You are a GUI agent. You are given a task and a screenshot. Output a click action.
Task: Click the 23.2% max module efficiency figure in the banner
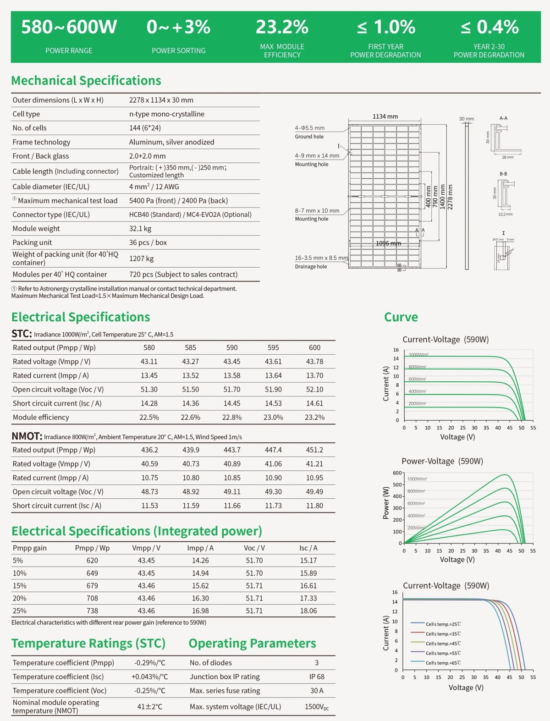[x=282, y=27]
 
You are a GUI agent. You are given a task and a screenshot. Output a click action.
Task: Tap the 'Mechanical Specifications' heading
[x=86, y=81]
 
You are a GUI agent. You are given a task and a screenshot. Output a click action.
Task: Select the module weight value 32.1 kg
[x=140, y=228]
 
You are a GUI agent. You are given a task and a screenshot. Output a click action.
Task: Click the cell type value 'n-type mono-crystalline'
[x=167, y=114]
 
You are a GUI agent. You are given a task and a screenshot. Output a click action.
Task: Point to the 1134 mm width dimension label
[x=385, y=116]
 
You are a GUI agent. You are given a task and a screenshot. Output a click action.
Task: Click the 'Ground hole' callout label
[x=309, y=137]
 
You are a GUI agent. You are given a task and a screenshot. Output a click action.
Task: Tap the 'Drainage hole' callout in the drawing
[x=311, y=266]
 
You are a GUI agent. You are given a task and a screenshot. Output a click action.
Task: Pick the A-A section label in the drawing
[x=503, y=118]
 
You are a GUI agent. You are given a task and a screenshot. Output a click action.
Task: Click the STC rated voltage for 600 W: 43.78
[x=314, y=361]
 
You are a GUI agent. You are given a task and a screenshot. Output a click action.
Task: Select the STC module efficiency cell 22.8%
[x=232, y=417]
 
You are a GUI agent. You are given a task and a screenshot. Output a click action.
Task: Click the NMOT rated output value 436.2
[x=149, y=450]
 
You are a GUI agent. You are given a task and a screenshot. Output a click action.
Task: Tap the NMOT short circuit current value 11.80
[x=314, y=506]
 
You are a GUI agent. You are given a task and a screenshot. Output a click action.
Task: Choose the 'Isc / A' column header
[x=308, y=548]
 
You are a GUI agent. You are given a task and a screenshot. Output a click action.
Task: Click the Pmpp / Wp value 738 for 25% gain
[x=92, y=611]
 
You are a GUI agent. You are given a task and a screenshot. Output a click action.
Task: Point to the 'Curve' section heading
[x=401, y=317]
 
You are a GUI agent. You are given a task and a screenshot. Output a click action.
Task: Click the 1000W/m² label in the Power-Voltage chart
[x=417, y=479]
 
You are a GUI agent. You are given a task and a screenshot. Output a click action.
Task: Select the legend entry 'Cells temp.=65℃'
[x=443, y=663]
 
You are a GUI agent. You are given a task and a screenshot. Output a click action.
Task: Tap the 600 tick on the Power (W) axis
[x=397, y=473]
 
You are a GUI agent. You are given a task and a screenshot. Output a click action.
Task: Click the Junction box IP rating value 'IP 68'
[x=317, y=677]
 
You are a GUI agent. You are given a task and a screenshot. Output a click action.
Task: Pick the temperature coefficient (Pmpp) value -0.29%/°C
[x=150, y=663]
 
